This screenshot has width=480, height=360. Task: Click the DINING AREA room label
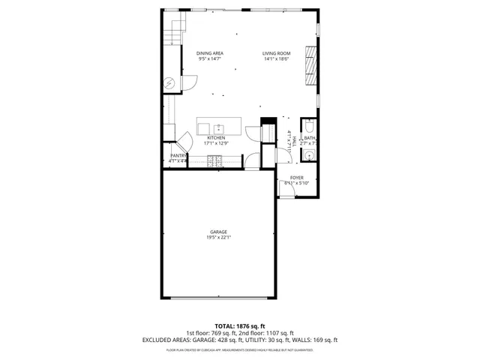[210, 53]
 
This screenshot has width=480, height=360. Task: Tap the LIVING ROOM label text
[276, 53]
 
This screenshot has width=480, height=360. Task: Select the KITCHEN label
[216, 138]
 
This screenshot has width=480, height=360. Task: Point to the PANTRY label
[178, 155]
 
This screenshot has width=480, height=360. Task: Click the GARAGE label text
[219, 232]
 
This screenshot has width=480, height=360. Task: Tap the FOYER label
[297, 177]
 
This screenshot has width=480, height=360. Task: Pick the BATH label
[310, 138]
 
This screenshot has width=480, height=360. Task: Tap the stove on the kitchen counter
[215, 160]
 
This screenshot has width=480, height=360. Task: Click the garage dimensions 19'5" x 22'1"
[219, 238]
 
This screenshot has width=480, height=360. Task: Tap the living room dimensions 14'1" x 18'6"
[276, 59]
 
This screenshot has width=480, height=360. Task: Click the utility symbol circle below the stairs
[169, 82]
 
